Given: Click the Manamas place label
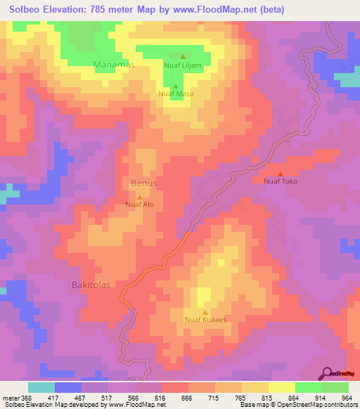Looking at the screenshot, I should point(113,64).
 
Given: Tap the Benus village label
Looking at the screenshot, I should point(144,183).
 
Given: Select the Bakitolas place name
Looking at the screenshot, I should point(91,285).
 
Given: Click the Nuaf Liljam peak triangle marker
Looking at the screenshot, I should point(183,57).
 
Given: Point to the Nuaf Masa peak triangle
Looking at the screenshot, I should point(176,85).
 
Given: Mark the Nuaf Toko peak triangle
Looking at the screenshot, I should point(281,174).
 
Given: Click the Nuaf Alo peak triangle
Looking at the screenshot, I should point(139,197).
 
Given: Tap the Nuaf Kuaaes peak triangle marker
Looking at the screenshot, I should point(205,313).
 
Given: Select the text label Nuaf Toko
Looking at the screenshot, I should point(281,182).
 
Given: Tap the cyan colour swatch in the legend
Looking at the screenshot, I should point(41,387).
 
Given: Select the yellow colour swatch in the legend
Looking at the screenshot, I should point(281,387).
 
